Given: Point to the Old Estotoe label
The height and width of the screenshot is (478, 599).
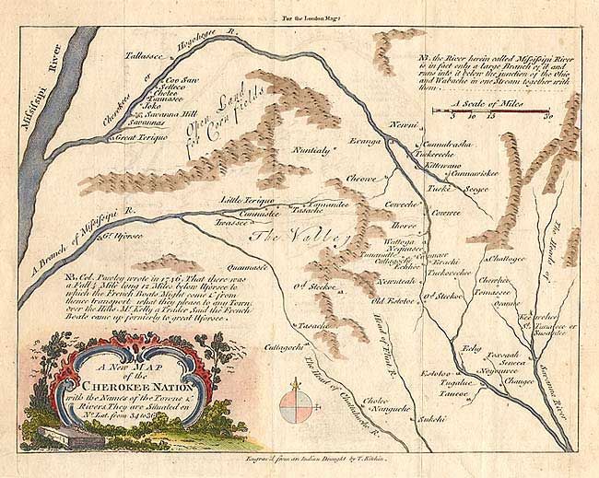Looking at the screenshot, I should point(391,300).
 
